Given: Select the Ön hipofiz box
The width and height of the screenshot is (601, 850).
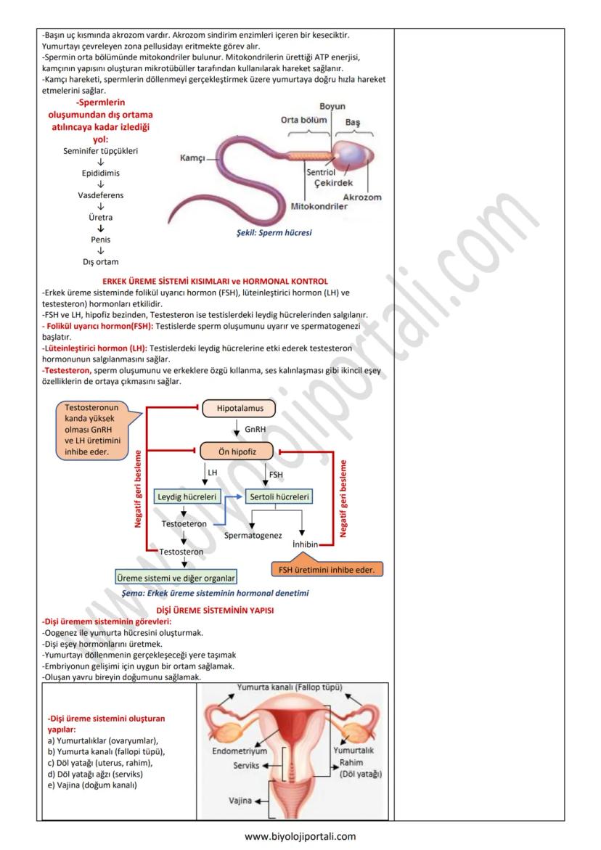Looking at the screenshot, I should [x=236, y=451].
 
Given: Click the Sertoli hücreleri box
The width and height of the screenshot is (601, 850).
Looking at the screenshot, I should [x=279, y=497].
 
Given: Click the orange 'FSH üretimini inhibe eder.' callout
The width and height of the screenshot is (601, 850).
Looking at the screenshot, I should [x=327, y=570].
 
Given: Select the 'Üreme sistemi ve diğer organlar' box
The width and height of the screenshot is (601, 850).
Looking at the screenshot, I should [x=176, y=579].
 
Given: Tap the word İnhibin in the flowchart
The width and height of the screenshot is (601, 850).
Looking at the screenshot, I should [x=306, y=544].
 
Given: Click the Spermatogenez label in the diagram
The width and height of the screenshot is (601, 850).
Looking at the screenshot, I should [x=253, y=535].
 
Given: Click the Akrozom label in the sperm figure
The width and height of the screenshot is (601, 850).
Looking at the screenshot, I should [x=361, y=197].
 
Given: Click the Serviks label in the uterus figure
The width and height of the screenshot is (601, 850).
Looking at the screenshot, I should [x=246, y=765].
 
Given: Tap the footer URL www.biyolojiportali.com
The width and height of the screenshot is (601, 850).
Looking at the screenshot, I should [x=300, y=835].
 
